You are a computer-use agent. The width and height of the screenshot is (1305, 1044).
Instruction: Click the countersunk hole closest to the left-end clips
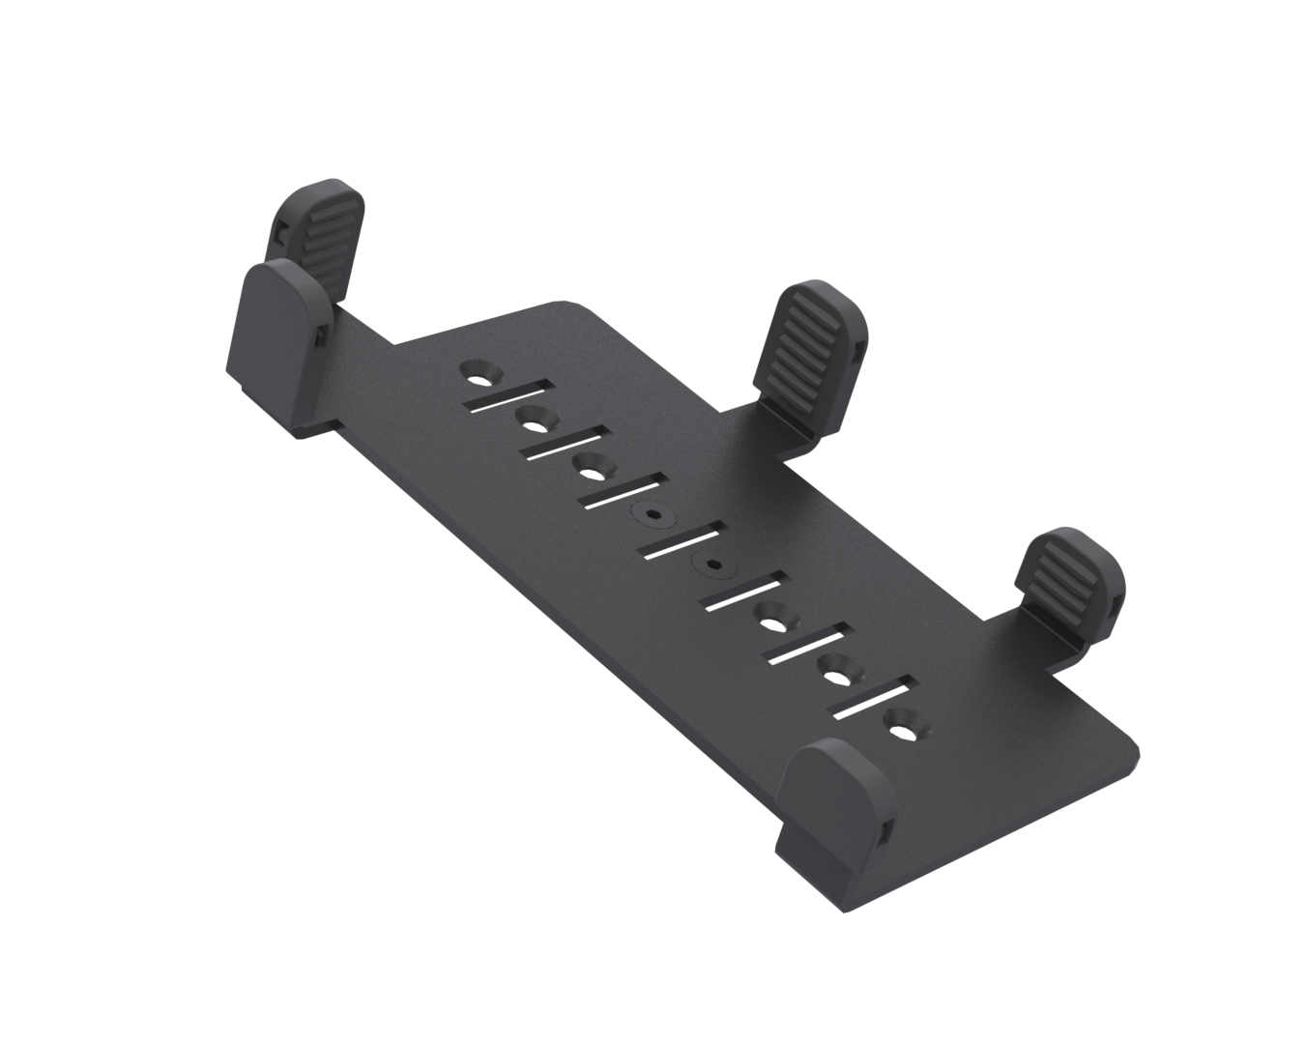(479, 371)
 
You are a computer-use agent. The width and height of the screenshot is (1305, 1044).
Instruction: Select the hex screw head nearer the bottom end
(714, 564)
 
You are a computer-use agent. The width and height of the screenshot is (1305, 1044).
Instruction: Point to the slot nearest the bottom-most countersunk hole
(873, 700)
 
